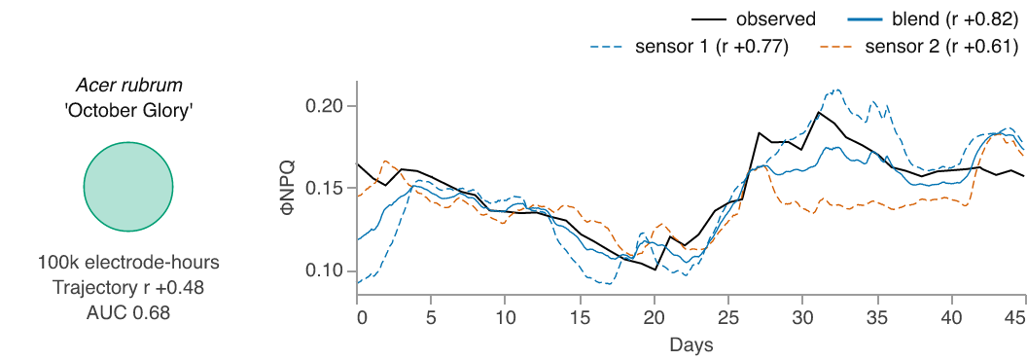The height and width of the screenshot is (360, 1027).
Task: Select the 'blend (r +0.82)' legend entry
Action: click(933, 19)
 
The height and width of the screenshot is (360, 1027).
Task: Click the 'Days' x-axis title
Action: click(691, 343)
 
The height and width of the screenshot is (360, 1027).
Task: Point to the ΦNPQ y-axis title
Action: click(288, 188)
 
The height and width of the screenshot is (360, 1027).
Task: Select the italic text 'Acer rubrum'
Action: click(128, 86)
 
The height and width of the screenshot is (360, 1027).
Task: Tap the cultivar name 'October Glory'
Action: click(128, 112)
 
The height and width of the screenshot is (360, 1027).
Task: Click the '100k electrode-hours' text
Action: click(128, 263)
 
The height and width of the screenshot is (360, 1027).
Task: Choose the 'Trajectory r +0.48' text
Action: click(128, 288)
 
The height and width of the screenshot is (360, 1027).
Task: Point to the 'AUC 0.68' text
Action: click(128, 313)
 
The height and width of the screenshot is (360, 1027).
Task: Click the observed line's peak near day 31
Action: click(817, 112)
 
